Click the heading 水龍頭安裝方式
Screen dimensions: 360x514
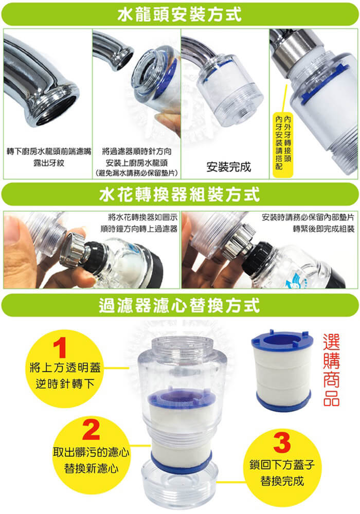tap(179, 14)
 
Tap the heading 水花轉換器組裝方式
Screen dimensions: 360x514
tap(179, 194)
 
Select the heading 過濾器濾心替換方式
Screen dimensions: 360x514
tap(179, 305)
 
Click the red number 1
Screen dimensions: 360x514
tap(60, 348)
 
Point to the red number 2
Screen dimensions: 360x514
tap(91, 430)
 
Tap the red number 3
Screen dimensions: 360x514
tap(282, 443)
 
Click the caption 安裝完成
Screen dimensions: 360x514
tap(228, 167)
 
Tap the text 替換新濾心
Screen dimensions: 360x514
tap(91, 468)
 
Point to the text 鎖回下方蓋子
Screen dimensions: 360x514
tap(282, 465)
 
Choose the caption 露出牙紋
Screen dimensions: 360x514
tap(49, 162)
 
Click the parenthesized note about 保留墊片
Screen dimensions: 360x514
tap(136, 173)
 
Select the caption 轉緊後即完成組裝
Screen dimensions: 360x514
tap(323, 229)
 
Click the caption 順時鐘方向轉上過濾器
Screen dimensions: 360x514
tap(139, 229)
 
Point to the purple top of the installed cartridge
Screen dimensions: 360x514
tap(182, 397)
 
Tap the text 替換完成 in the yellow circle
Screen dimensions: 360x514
tap(282, 481)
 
